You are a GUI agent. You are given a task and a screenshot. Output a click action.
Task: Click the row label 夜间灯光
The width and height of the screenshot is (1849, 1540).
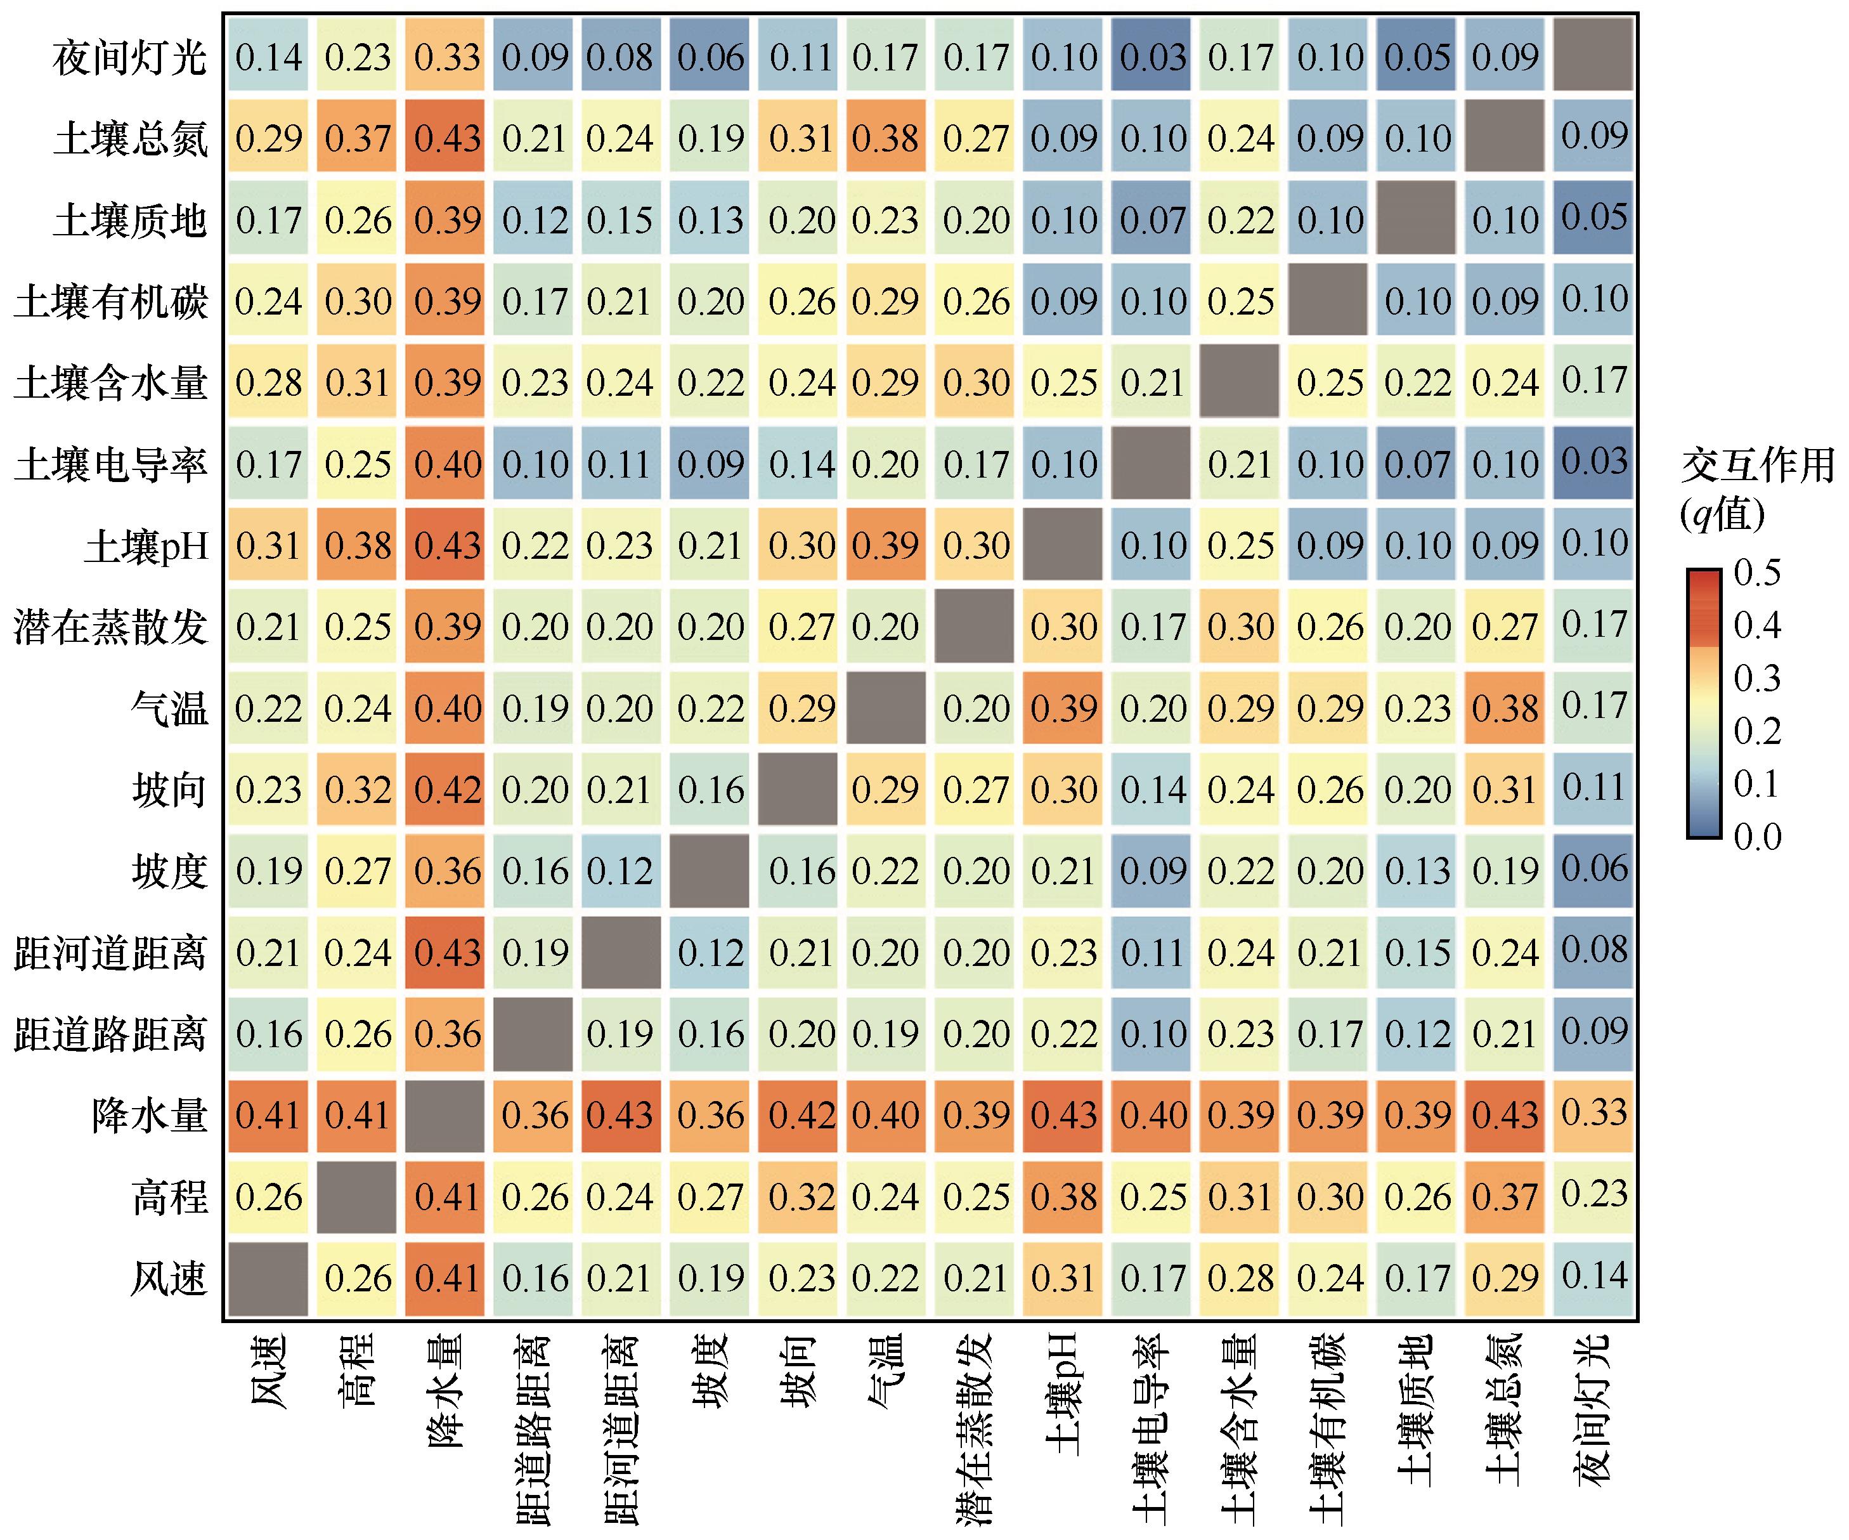coord(129,59)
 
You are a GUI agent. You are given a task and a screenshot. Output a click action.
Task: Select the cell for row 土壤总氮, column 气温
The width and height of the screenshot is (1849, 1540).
coord(886,138)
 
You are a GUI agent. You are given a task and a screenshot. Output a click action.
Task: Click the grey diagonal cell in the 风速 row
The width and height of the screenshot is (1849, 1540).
coord(269,1279)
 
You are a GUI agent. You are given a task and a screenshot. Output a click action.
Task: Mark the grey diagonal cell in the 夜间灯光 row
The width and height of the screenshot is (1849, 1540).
coord(1593,55)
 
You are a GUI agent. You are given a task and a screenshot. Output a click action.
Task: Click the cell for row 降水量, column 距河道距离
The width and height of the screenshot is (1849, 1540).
coord(621,1116)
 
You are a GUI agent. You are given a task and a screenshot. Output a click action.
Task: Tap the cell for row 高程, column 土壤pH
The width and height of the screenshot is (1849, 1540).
coord(1063,1197)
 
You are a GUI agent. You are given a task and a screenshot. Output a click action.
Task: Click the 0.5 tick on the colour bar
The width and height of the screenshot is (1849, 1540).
coord(1756,573)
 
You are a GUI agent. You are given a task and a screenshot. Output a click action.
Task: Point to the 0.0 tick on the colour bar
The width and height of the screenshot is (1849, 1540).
coord(1756,837)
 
